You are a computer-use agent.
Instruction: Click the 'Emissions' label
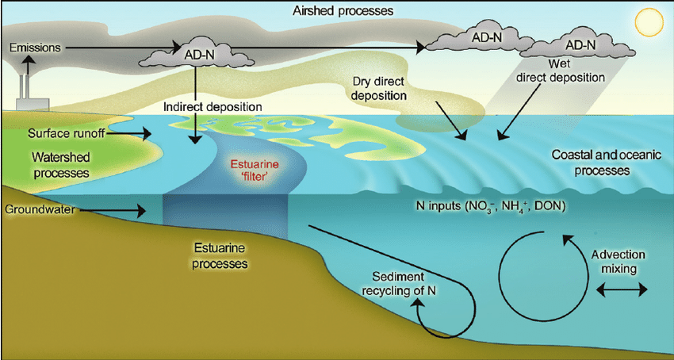tap(35, 48)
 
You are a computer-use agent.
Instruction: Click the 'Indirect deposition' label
tap(212, 105)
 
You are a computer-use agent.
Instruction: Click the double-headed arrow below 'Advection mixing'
tap(617, 291)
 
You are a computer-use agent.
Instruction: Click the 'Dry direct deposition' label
tap(381, 88)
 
